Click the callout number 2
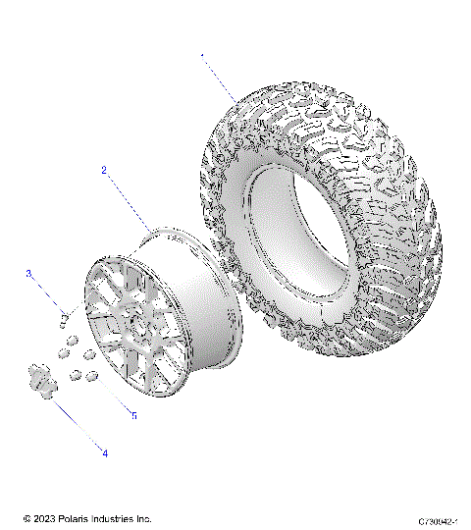pyautogui.click(x=103, y=170)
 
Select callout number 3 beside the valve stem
pyautogui.click(x=29, y=274)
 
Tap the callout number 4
pyautogui.click(x=105, y=451)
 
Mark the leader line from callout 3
pyautogui.click(x=46, y=293)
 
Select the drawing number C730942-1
pyautogui.click(x=439, y=520)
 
